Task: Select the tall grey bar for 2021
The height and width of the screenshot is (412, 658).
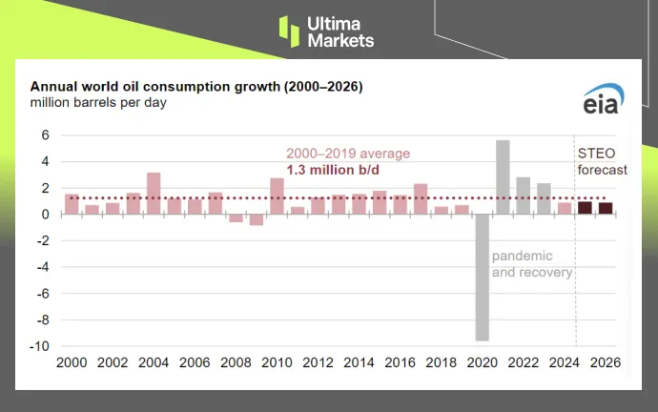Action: point(503,177)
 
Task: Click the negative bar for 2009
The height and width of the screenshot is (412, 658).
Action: point(256,219)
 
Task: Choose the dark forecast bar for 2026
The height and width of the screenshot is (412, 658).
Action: point(605,209)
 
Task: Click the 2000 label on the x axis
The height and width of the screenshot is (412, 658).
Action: point(72,363)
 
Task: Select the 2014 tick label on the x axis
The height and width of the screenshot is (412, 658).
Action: point(359,363)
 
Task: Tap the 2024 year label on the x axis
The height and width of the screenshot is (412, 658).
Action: point(564,363)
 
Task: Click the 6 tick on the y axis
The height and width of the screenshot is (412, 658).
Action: point(45,135)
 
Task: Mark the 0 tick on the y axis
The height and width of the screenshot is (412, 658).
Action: point(45,215)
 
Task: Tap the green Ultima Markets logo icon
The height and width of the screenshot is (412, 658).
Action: point(289,31)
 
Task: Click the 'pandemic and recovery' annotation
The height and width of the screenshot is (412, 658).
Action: point(532,265)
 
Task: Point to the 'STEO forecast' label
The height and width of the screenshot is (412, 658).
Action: point(603,161)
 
